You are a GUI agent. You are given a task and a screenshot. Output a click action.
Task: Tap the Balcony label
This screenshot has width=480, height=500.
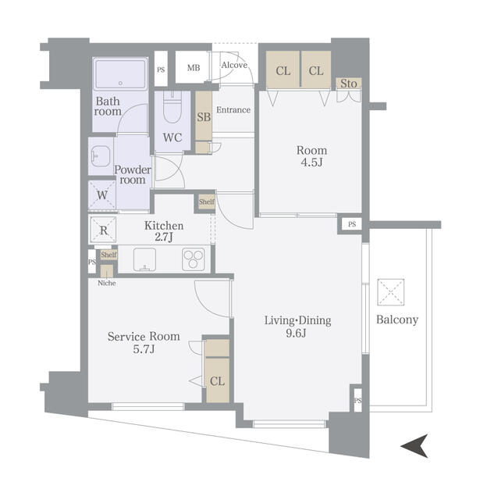[397, 320]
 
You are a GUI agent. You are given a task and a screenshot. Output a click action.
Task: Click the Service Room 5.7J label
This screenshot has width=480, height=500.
[143, 342]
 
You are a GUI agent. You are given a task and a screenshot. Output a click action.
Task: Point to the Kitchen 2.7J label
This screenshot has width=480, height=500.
[164, 230]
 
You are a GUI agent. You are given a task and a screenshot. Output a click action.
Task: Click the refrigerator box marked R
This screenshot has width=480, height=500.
[103, 230]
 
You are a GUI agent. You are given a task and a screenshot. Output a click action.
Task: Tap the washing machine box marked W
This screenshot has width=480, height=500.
[101, 196]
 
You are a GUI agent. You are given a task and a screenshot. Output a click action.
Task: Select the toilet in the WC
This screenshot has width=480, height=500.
[173, 105]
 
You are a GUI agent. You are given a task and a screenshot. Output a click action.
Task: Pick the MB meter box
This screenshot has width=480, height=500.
[193, 68]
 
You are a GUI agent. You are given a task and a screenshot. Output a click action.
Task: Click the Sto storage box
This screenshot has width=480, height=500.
[348, 84]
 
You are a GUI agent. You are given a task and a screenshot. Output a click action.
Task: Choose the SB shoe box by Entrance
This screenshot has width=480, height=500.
[203, 118]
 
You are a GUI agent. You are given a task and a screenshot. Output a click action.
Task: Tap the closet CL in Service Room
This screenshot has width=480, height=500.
[217, 381]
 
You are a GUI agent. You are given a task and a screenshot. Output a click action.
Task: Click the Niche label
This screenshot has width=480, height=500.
[106, 283]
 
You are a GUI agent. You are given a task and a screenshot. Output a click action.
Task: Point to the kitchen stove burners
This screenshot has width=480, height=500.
[193, 259]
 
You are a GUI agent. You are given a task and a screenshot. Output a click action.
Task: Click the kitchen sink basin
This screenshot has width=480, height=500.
[144, 259]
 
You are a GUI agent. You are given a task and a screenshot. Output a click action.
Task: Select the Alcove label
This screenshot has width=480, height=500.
[234, 65]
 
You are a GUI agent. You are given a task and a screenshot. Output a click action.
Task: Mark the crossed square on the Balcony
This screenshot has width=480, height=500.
[391, 291]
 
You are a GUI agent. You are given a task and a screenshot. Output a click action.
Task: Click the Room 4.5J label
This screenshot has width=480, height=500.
[311, 157]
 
